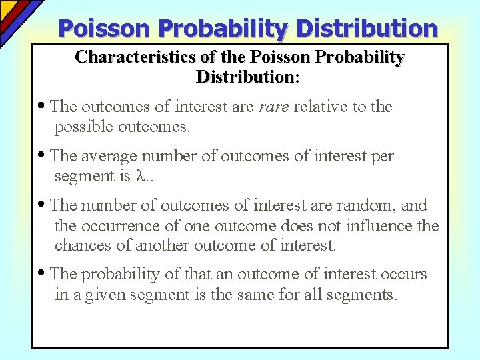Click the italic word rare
[x=273, y=107]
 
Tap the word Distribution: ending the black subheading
[x=248, y=77]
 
